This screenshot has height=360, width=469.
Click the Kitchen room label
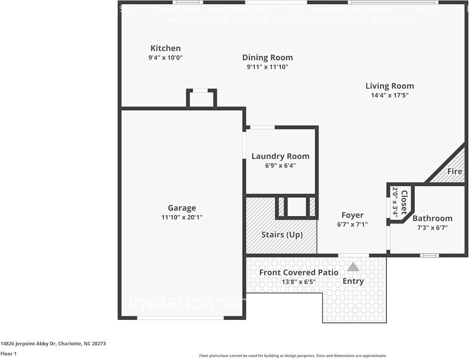click(165, 48)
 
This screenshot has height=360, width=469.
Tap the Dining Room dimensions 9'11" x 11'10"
click(267, 67)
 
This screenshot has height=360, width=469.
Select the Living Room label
click(389, 86)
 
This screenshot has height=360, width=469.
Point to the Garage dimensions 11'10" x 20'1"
click(182, 217)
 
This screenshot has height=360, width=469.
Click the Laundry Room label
click(280, 156)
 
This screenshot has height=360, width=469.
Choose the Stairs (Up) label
click(282, 234)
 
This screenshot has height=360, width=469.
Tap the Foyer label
click(352, 215)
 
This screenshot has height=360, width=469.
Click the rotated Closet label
click(404, 202)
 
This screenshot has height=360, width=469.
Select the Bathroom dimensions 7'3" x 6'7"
click(432, 228)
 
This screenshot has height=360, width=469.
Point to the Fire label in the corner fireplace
click(454, 171)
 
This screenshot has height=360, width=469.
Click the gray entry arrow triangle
click(353, 267)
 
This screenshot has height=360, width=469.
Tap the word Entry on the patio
click(353, 281)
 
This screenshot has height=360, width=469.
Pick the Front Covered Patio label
click(299, 272)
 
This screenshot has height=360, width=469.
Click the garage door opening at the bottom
click(180, 318)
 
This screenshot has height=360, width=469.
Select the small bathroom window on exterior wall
click(429, 255)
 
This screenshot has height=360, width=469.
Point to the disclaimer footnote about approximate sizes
click(293, 356)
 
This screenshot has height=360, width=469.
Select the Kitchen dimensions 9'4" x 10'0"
click(165, 58)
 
